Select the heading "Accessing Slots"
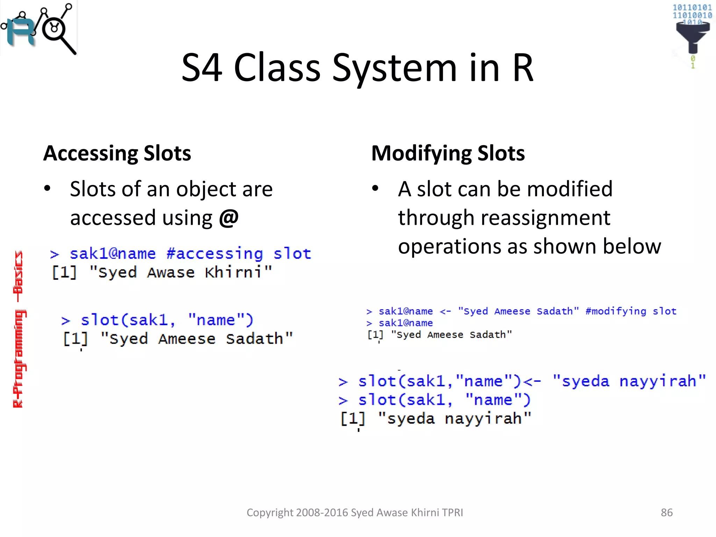117,153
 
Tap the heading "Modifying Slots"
448,153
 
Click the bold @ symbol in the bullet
229,217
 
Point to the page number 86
666,513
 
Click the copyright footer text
355,513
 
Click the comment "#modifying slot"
631,311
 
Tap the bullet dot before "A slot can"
375,188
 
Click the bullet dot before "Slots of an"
47,188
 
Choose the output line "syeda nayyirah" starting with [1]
436,418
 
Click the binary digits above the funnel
692,12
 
